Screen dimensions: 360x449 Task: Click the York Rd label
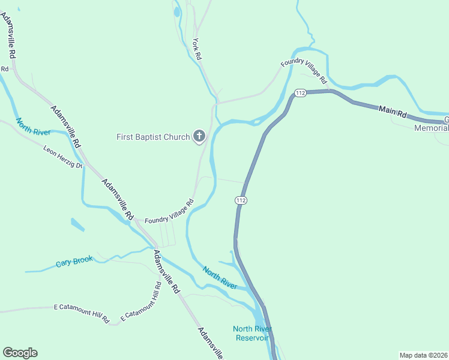(x=197, y=49)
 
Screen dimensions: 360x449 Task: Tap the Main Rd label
(x=393, y=112)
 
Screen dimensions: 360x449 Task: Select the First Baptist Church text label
(x=152, y=137)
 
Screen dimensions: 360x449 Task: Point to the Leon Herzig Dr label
(x=62, y=156)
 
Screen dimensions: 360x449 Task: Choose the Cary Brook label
(x=74, y=262)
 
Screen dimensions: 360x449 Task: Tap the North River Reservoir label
(x=253, y=333)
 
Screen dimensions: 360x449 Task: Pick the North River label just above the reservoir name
(x=220, y=277)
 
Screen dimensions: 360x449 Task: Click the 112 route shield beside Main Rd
(x=301, y=93)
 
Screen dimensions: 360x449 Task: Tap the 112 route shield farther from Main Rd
(x=241, y=200)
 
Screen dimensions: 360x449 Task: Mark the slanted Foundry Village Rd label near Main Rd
(x=304, y=71)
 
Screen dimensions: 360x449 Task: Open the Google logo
(x=20, y=353)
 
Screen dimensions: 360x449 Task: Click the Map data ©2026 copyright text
(x=423, y=354)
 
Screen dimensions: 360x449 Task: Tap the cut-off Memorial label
(x=432, y=128)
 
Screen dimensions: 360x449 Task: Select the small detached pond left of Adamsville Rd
(x=77, y=225)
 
